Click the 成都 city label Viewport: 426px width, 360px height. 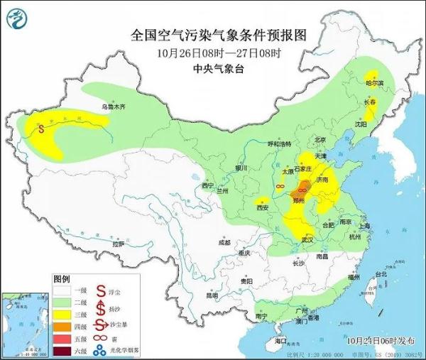(x=224, y=242)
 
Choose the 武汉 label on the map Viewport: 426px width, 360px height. (x=307, y=239)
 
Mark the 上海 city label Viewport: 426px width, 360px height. (x=365, y=226)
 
